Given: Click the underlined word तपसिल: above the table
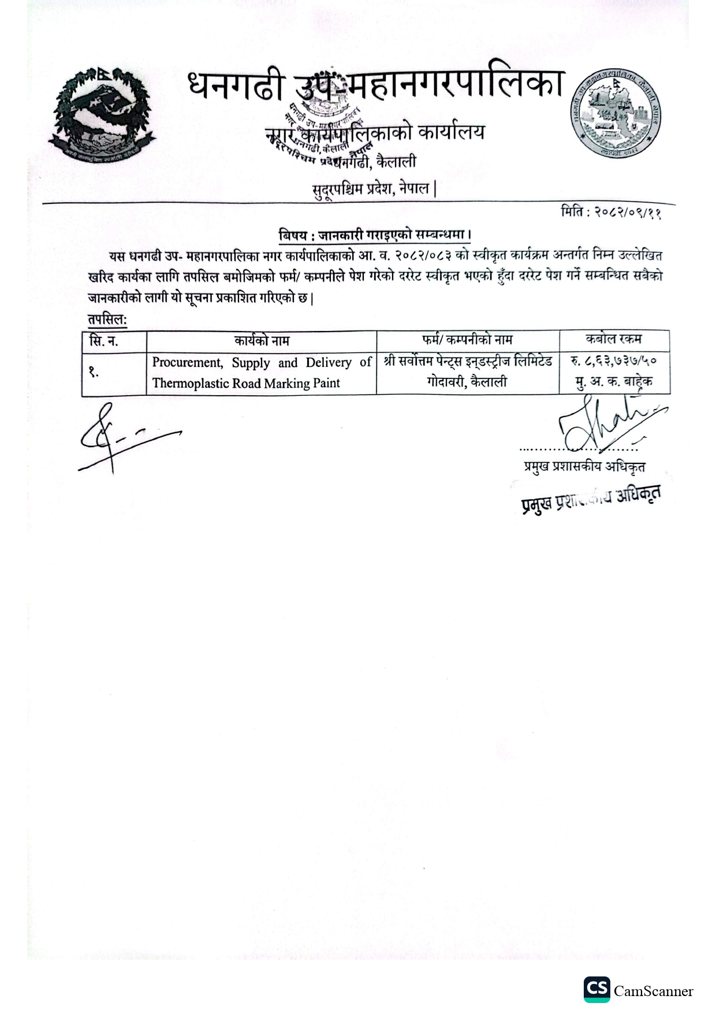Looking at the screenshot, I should (x=107, y=320).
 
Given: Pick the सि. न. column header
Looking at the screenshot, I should (x=104, y=341).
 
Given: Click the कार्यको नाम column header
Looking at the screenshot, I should (x=262, y=341).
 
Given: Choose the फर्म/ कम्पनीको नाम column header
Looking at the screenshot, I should (x=467, y=340).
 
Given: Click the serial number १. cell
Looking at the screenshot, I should (x=94, y=373).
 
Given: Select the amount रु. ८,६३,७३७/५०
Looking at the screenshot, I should (x=613, y=362).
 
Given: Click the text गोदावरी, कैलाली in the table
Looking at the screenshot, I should (x=467, y=381).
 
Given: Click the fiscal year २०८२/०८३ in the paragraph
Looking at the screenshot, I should (x=411, y=255).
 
